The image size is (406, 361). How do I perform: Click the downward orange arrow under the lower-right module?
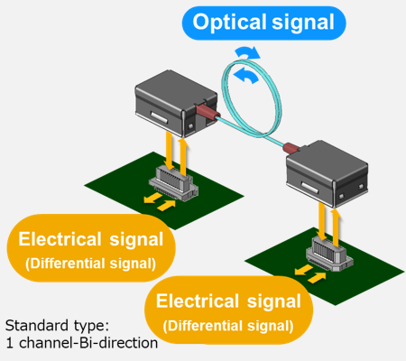click(323, 219)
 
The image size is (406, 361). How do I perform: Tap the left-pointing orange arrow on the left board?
click(153, 193)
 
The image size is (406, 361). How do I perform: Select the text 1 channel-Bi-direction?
click(79, 343)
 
